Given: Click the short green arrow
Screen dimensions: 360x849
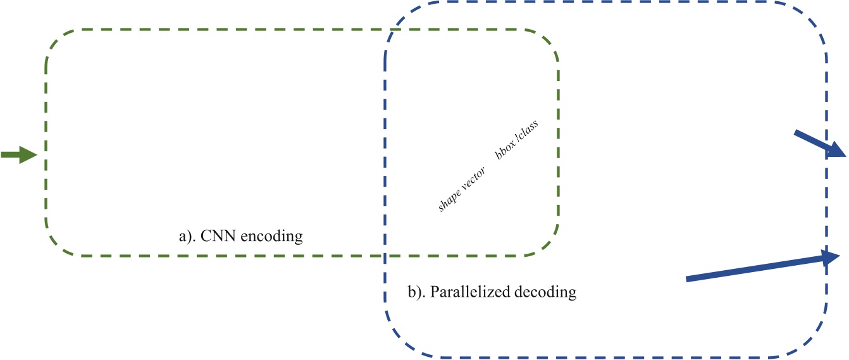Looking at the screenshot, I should pyautogui.click(x=19, y=154).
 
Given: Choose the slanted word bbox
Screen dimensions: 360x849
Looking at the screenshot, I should pyautogui.click(x=505, y=151).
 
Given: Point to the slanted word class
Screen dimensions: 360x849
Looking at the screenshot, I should pyautogui.click(x=528, y=132).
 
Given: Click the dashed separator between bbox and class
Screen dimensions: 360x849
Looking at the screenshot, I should pyautogui.click(x=517, y=140).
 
